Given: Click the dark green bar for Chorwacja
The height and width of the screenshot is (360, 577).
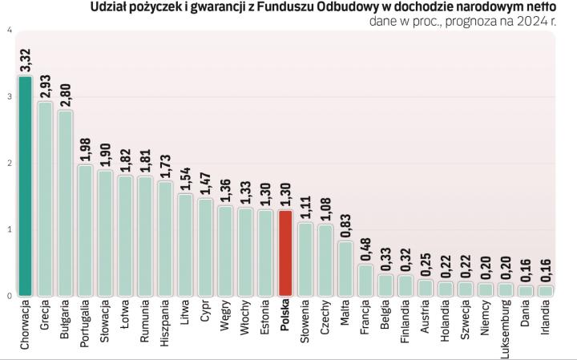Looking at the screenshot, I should [25, 185].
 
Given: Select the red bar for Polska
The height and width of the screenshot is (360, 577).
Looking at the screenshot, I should [284, 253].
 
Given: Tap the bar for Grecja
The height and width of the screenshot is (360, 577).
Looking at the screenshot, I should [45, 198].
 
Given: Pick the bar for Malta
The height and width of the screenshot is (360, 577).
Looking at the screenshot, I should [345, 268].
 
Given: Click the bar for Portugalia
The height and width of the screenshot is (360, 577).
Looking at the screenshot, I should [85, 229].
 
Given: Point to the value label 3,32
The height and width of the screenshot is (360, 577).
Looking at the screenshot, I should [25, 60].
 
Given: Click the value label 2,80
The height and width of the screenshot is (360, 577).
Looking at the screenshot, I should [65, 95].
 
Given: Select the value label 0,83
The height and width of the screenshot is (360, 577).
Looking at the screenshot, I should [345, 226].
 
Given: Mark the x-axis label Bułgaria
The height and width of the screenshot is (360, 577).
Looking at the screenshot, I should [65, 322].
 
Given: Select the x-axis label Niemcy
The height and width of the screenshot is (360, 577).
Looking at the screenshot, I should [485, 320].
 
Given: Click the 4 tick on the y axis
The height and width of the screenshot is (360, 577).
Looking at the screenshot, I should [9, 30].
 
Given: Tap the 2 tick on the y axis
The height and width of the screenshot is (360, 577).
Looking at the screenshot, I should [9, 164].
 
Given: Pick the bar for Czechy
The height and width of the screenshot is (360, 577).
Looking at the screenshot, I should [325, 260].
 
